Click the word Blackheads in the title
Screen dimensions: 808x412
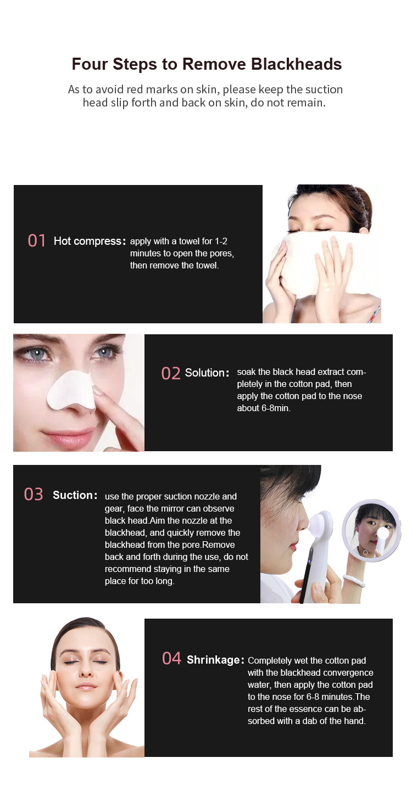pyautogui.click(x=296, y=64)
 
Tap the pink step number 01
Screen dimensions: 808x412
pyautogui.click(x=37, y=241)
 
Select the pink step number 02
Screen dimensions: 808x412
pyautogui.click(x=171, y=373)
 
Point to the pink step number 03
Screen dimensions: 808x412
pyautogui.click(x=34, y=495)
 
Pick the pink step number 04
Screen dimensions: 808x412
pyautogui.click(x=171, y=659)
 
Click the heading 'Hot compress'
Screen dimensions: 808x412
pyautogui.click(x=87, y=241)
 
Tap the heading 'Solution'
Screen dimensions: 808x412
pyautogui.click(x=205, y=373)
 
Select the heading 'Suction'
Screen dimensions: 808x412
pyautogui.click(x=74, y=495)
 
